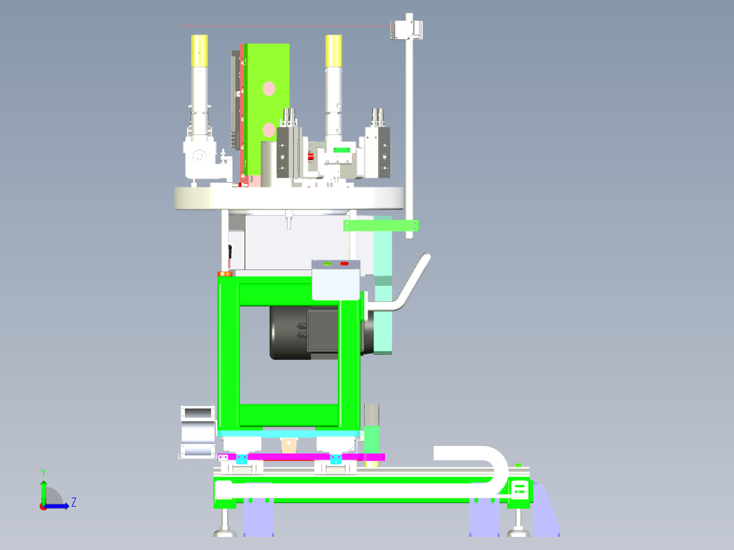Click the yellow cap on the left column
[x=199, y=50]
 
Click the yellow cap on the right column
[x=333, y=50]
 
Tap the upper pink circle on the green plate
[x=269, y=88]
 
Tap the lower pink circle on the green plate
[x=269, y=130]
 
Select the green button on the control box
[x=327, y=264]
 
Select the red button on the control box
[x=344, y=264]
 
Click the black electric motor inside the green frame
[x=304, y=332]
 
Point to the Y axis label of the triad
[x=43, y=472]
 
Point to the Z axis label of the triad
[x=74, y=502]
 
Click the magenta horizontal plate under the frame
[x=301, y=457]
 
